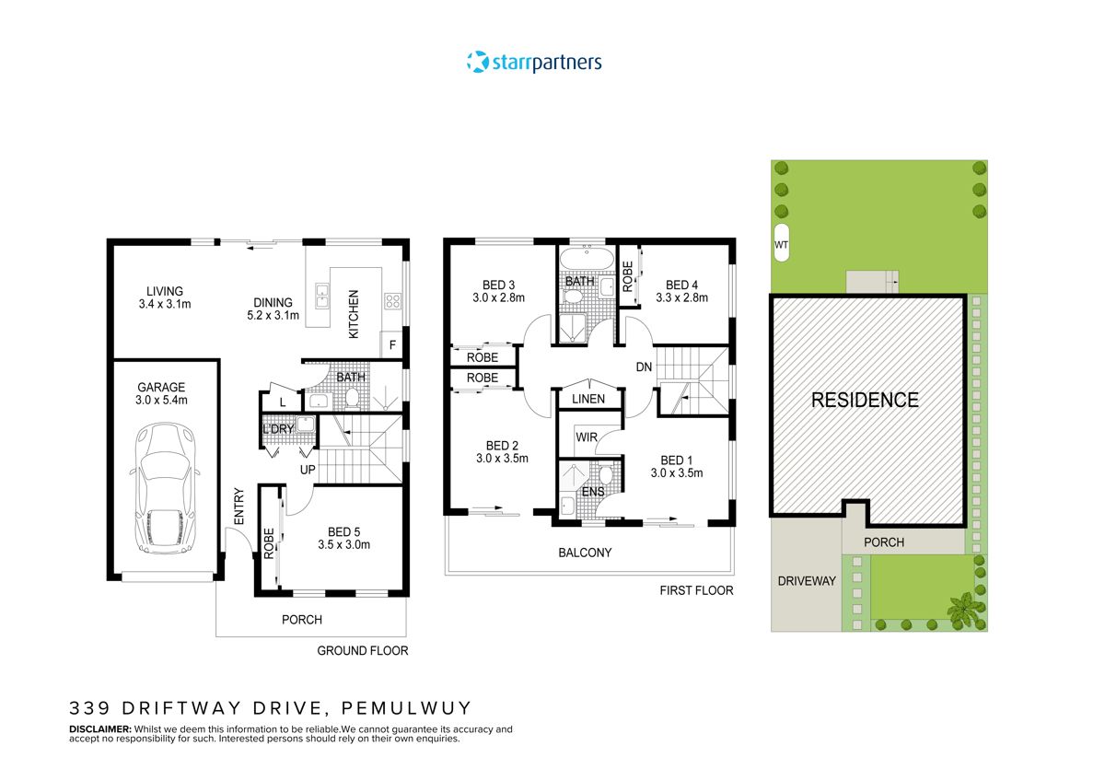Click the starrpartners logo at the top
(534, 63)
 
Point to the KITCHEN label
(354, 314)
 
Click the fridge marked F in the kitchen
(392, 346)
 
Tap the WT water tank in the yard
(782, 244)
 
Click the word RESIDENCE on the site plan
(865, 400)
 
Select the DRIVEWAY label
(806, 581)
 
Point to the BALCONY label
(585, 553)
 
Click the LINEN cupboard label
(588, 399)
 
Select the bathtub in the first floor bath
(586, 260)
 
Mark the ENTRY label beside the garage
(238, 507)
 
